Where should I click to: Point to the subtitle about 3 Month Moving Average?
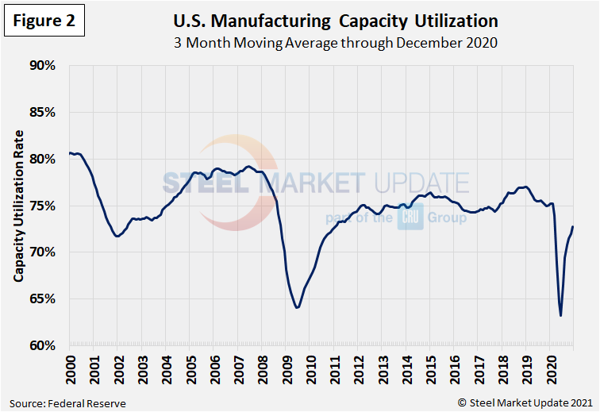(335, 43)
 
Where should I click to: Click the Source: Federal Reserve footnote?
(68, 403)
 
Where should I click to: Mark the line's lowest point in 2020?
(561, 316)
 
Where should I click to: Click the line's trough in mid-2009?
(297, 307)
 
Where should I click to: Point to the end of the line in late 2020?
(573, 227)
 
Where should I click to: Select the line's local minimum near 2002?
(117, 237)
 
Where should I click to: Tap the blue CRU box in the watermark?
(410, 217)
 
